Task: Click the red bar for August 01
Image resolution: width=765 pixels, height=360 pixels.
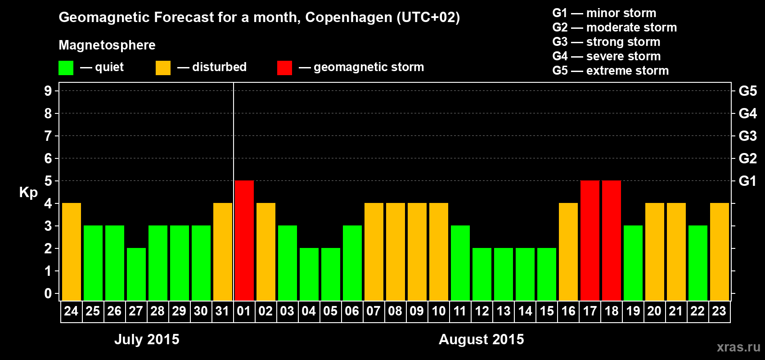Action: coord(244,240)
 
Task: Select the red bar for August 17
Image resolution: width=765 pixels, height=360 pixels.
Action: coord(590,240)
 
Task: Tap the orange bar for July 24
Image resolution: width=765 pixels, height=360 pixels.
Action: coord(71,252)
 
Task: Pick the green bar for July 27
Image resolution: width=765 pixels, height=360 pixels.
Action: coord(136,274)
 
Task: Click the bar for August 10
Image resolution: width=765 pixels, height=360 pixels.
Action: coord(439,252)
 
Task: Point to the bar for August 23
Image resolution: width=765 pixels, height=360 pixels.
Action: coord(720,252)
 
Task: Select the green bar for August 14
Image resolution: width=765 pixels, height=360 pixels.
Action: coord(525,274)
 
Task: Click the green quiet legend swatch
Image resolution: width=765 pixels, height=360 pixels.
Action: coord(66,68)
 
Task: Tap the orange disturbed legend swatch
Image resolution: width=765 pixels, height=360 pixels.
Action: coord(163,68)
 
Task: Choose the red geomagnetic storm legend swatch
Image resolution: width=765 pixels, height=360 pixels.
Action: coord(284,68)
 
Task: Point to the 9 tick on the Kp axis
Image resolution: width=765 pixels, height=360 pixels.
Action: coord(48,91)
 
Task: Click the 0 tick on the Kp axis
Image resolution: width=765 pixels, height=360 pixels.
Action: coord(48,294)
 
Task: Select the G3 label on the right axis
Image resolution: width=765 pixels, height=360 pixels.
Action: coord(747,136)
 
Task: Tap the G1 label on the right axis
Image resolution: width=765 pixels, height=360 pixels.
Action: coord(747,181)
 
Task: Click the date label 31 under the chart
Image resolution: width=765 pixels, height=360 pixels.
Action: coord(222,311)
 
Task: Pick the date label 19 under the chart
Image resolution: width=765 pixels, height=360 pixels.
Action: coord(633,311)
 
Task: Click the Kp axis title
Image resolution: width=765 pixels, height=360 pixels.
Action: coord(28,193)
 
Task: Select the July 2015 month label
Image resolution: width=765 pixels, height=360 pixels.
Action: coord(147,339)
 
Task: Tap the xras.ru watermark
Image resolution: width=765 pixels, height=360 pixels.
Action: coord(738,347)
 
